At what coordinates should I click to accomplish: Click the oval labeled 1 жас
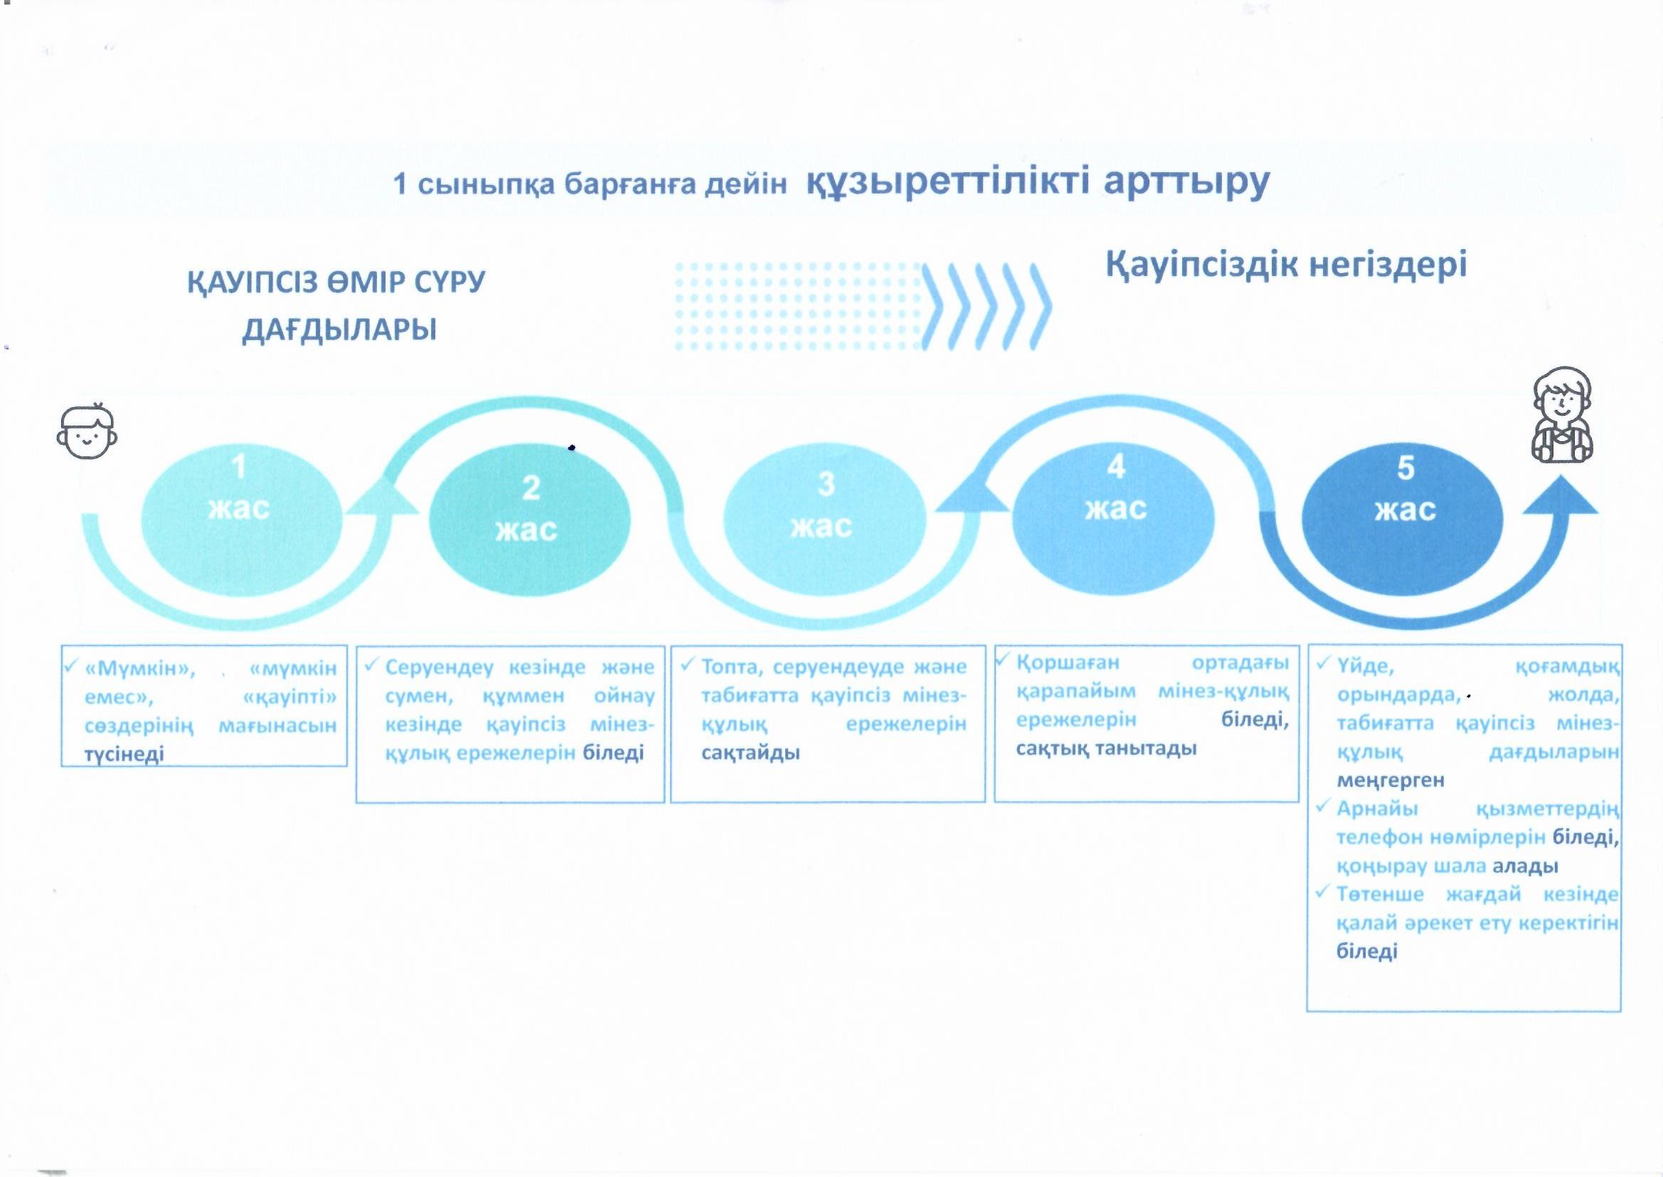[241, 519]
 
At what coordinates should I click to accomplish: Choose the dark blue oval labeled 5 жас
[1403, 519]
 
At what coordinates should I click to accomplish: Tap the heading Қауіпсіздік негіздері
[1285, 265]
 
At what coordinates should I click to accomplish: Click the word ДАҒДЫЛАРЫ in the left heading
[340, 329]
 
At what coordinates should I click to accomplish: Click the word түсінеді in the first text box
[124, 754]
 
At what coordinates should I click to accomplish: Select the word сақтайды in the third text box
[750, 752]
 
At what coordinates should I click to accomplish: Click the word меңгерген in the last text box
[1391, 781]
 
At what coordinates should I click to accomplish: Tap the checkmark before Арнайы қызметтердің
[1324, 806]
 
